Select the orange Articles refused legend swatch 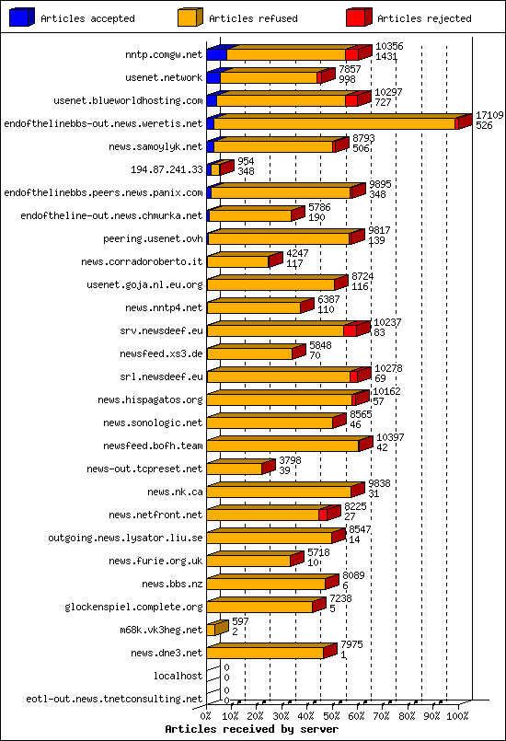point(190,17)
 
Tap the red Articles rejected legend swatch point(359,17)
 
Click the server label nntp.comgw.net point(164,55)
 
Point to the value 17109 point(489,115)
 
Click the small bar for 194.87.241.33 point(214,169)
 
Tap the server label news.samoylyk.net point(155,146)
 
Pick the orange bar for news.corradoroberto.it point(238,261)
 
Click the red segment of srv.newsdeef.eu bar point(350,330)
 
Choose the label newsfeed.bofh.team point(153,446)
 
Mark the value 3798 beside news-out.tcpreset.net point(291,460)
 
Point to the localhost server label point(178,676)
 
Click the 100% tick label point(457,714)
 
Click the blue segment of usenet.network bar point(213,77)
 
